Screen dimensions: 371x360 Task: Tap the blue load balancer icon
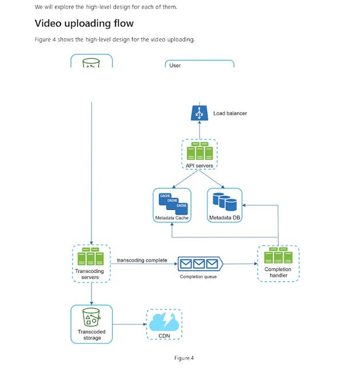tap(199, 113)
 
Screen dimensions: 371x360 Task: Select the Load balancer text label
tap(230, 114)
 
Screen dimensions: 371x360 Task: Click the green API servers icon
tap(199, 151)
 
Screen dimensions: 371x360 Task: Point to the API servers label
tap(199, 166)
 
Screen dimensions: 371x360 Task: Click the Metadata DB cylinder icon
tap(224, 203)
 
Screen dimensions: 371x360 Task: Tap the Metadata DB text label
tap(224, 218)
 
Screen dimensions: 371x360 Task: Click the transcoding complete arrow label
tap(142, 260)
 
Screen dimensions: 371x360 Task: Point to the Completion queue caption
tap(198, 277)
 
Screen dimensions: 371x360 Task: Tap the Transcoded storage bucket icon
tap(91, 317)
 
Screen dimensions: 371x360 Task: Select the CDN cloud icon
tap(164, 321)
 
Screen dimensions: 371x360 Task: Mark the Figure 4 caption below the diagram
tap(184, 358)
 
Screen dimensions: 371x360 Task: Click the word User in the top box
tap(175, 66)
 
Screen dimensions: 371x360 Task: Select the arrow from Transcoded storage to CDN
tap(129, 325)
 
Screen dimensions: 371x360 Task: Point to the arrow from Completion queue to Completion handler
tap(239, 264)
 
